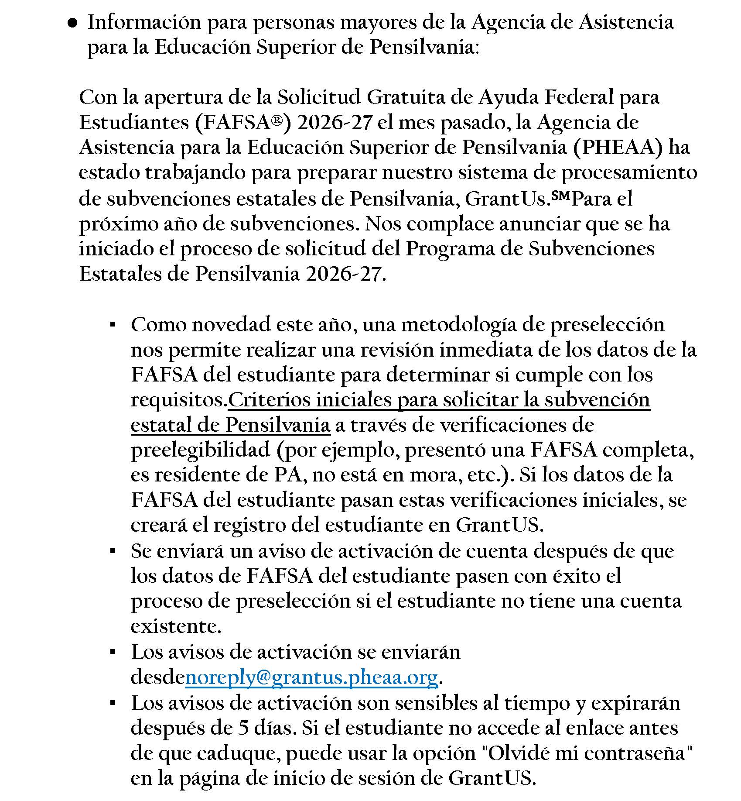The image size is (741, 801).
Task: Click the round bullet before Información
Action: click(x=72, y=25)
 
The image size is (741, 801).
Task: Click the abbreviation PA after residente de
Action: click(x=287, y=475)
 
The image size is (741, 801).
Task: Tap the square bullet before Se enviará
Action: click(x=113, y=551)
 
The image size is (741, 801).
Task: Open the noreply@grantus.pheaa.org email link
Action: click(x=311, y=677)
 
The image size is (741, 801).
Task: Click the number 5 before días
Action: click(x=244, y=728)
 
